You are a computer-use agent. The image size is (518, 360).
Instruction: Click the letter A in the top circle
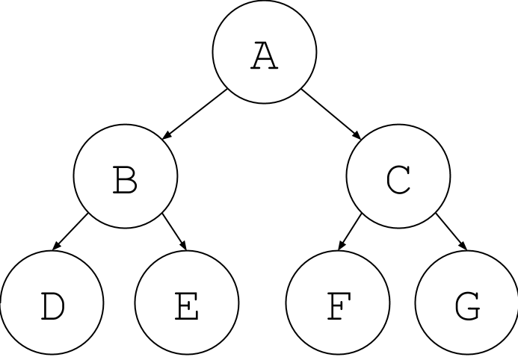click(x=265, y=56)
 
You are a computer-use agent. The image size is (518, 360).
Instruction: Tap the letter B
click(x=126, y=180)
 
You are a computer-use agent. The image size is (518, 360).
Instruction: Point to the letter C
click(x=398, y=180)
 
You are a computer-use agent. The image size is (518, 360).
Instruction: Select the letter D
click(x=52, y=306)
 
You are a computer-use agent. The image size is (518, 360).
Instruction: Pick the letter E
click(x=187, y=306)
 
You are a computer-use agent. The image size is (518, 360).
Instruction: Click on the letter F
click(x=338, y=306)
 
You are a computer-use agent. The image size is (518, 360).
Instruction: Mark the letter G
click(x=467, y=306)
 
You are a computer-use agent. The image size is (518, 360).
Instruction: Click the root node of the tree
click(x=265, y=52)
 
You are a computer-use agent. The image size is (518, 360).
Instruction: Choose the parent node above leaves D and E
click(x=126, y=176)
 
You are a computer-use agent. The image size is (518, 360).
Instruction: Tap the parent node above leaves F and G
click(x=398, y=176)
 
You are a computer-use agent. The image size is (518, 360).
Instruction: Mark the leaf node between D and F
click(x=187, y=303)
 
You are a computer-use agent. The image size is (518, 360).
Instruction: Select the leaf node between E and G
click(x=338, y=303)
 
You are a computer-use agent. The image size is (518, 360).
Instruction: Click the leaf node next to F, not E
click(x=467, y=303)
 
